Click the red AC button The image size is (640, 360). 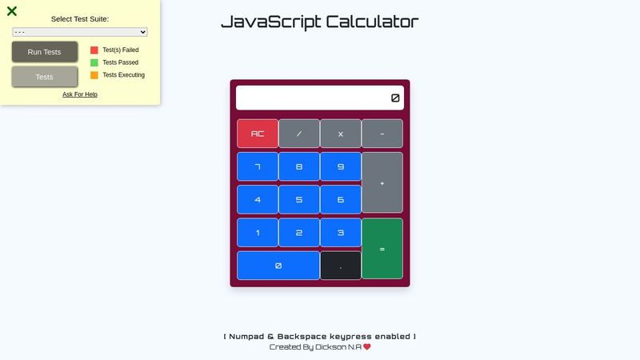(x=258, y=134)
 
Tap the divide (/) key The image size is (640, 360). (x=299, y=134)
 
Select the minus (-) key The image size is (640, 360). (x=382, y=134)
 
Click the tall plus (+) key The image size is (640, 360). (x=382, y=182)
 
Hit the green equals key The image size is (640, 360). (x=382, y=249)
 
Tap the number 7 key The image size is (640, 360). (x=258, y=166)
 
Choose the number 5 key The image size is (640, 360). (x=299, y=199)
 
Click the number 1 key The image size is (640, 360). (x=258, y=233)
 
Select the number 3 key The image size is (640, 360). (x=341, y=233)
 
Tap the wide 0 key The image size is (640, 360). (x=278, y=266)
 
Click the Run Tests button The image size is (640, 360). (x=45, y=52)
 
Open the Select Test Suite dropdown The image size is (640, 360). (x=80, y=32)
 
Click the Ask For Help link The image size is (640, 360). (x=80, y=94)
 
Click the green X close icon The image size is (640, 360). (x=12, y=11)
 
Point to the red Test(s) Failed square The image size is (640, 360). (x=94, y=50)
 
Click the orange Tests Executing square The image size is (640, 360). (x=94, y=75)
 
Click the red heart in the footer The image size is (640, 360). (x=367, y=347)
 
